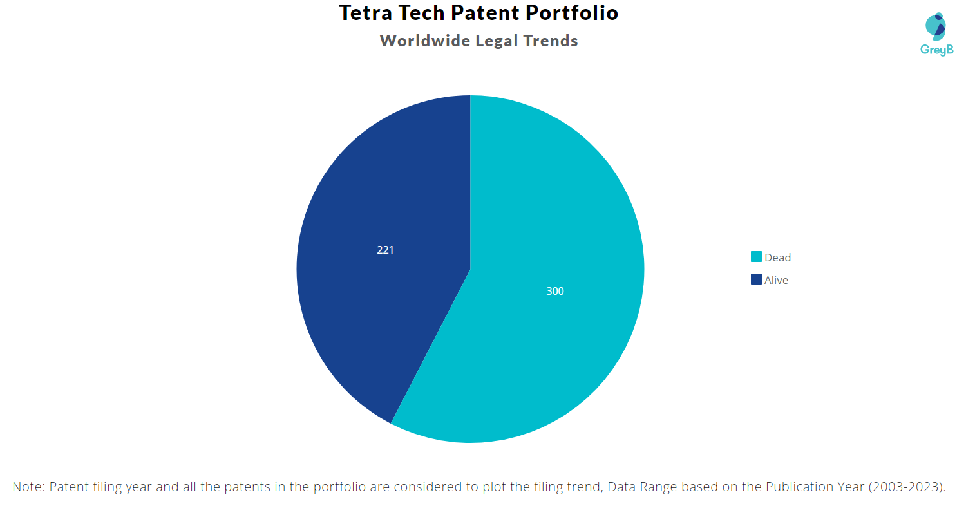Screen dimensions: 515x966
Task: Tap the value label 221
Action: [x=385, y=250]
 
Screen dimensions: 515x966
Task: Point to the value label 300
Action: [x=554, y=291]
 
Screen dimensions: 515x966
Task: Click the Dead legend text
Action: [x=777, y=257]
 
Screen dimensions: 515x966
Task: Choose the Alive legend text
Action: [x=776, y=280]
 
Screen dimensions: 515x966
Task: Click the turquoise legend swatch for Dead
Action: [x=756, y=257]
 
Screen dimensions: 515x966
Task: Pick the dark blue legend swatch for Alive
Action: [x=756, y=279]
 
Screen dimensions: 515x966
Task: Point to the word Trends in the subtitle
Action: [x=551, y=41]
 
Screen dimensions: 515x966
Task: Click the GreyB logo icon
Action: [x=935, y=26]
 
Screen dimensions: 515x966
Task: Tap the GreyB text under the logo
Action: [x=936, y=50]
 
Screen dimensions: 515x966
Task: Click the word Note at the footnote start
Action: [x=27, y=487]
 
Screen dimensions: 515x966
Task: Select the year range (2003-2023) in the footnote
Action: [x=907, y=487]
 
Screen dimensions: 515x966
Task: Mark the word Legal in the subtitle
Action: [x=497, y=41]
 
